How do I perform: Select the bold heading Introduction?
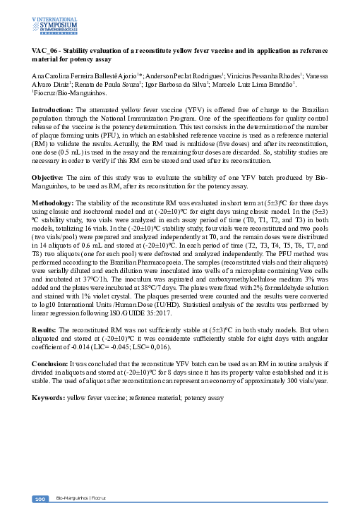[x=53, y=111]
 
